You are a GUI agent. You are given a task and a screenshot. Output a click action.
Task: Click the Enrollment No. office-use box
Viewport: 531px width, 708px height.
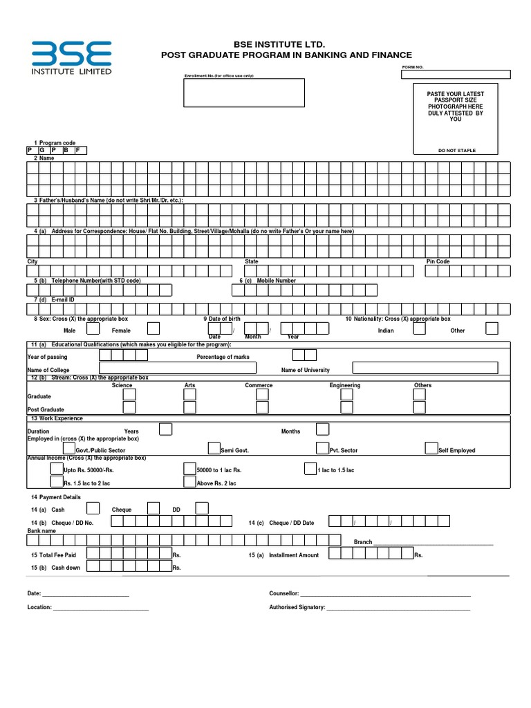coord(243,93)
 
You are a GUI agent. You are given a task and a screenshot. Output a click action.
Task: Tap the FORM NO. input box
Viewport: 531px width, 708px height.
coord(456,75)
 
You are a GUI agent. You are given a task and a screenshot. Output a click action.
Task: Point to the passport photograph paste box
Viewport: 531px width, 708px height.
coord(455,118)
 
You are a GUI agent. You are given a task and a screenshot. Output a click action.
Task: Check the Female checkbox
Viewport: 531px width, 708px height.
coord(153,328)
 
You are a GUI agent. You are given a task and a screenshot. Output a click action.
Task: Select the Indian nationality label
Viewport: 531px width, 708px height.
coord(386,330)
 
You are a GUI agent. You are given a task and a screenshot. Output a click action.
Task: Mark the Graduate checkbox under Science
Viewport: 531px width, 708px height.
coord(129,395)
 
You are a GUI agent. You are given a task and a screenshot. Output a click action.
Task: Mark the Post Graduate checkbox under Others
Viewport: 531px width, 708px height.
coord(419,409)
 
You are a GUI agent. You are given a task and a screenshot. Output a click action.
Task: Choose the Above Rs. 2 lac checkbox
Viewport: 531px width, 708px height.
coord(189,482)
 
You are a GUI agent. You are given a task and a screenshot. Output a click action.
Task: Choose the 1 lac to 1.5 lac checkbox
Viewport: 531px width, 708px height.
coord(310,468)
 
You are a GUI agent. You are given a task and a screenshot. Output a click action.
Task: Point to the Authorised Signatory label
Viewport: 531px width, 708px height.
coord(297,607)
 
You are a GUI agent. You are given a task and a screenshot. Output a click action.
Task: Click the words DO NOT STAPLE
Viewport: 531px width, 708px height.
coord(456,151)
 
